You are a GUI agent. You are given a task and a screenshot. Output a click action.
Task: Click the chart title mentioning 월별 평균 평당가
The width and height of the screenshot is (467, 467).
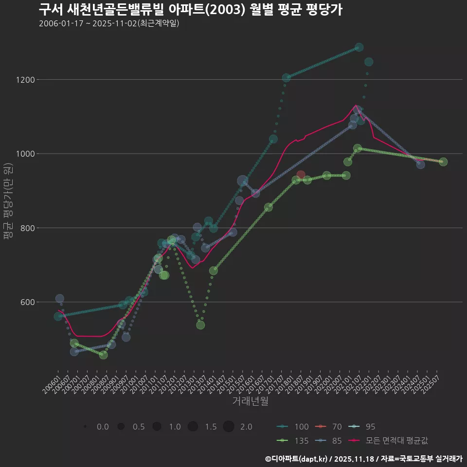coord(190,10)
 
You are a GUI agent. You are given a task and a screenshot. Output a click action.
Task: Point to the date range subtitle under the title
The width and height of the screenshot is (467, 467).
coord(109,23)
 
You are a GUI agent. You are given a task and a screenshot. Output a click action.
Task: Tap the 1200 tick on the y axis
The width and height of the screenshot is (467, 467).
coord(43,80)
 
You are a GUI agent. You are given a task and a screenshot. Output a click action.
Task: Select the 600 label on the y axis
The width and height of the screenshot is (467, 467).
coord(45,302)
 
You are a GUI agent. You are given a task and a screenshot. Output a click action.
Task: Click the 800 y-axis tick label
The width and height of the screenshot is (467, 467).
coord(45,228)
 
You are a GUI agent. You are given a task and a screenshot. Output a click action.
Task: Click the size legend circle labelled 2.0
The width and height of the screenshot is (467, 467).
coord(229,427)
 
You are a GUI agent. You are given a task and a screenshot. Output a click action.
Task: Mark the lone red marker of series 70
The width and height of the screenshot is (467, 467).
coord(301,175)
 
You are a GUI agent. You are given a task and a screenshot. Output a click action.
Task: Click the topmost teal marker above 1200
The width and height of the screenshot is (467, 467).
coord(359,47)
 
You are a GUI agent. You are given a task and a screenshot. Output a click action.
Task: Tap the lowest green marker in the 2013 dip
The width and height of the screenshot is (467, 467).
coord(200,325)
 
